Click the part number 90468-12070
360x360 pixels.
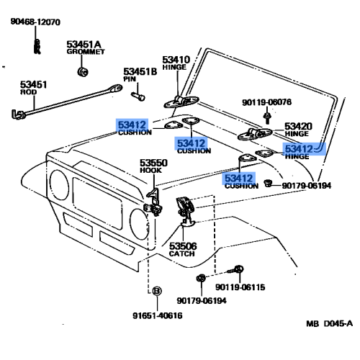(x=35, y=23)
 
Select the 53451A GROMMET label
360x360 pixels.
(x=85, y=48)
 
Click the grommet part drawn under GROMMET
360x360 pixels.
(x=82, y=72)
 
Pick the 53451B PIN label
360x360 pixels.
(x=140, y=75)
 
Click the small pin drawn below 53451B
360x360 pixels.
(x=139, y=96)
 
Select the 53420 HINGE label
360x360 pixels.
(x=297, y=130)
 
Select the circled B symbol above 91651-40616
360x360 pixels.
(x=153, y=291)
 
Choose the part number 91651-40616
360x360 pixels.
(x=157, y=315)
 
